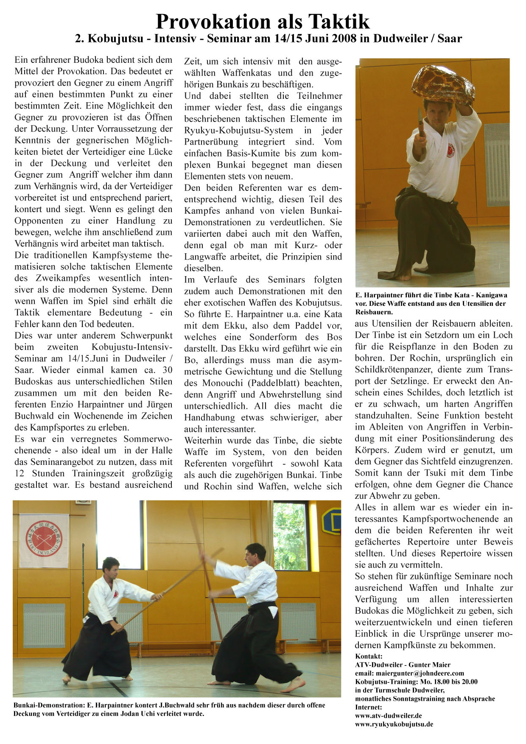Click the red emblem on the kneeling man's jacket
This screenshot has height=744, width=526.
(x=450, y=150)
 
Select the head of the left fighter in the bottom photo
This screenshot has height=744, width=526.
(x=111, y=567)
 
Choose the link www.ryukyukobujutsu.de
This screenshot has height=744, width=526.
(x=394, y=724)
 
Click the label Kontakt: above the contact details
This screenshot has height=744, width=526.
(x=369, y=656)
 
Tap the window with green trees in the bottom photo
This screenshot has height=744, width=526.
(x=290, y=537)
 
